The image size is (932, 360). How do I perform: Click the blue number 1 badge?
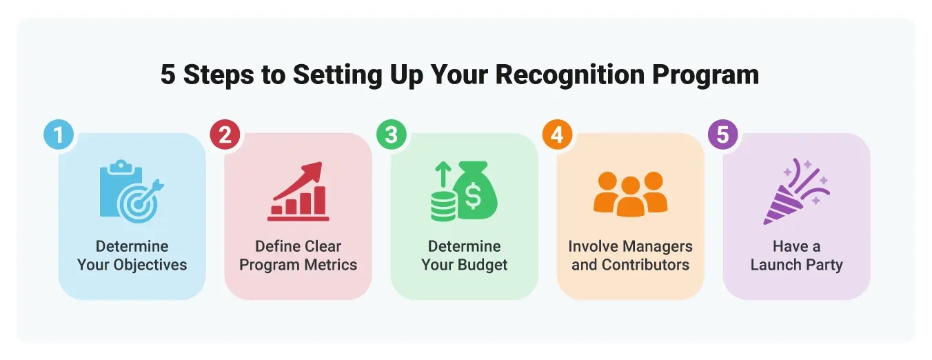tap(59, 134)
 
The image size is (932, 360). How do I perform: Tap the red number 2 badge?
tap(225, 134)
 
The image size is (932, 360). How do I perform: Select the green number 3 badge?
tap(391, 134)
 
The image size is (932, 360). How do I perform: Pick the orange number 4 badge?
tap(557, 134)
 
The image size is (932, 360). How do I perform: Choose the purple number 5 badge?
tap(722, 134)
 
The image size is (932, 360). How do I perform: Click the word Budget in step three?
tap(483, 265)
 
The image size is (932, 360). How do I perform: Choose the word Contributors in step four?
tap(645, 265)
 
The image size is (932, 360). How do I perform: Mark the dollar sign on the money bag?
tap(474, 197)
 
